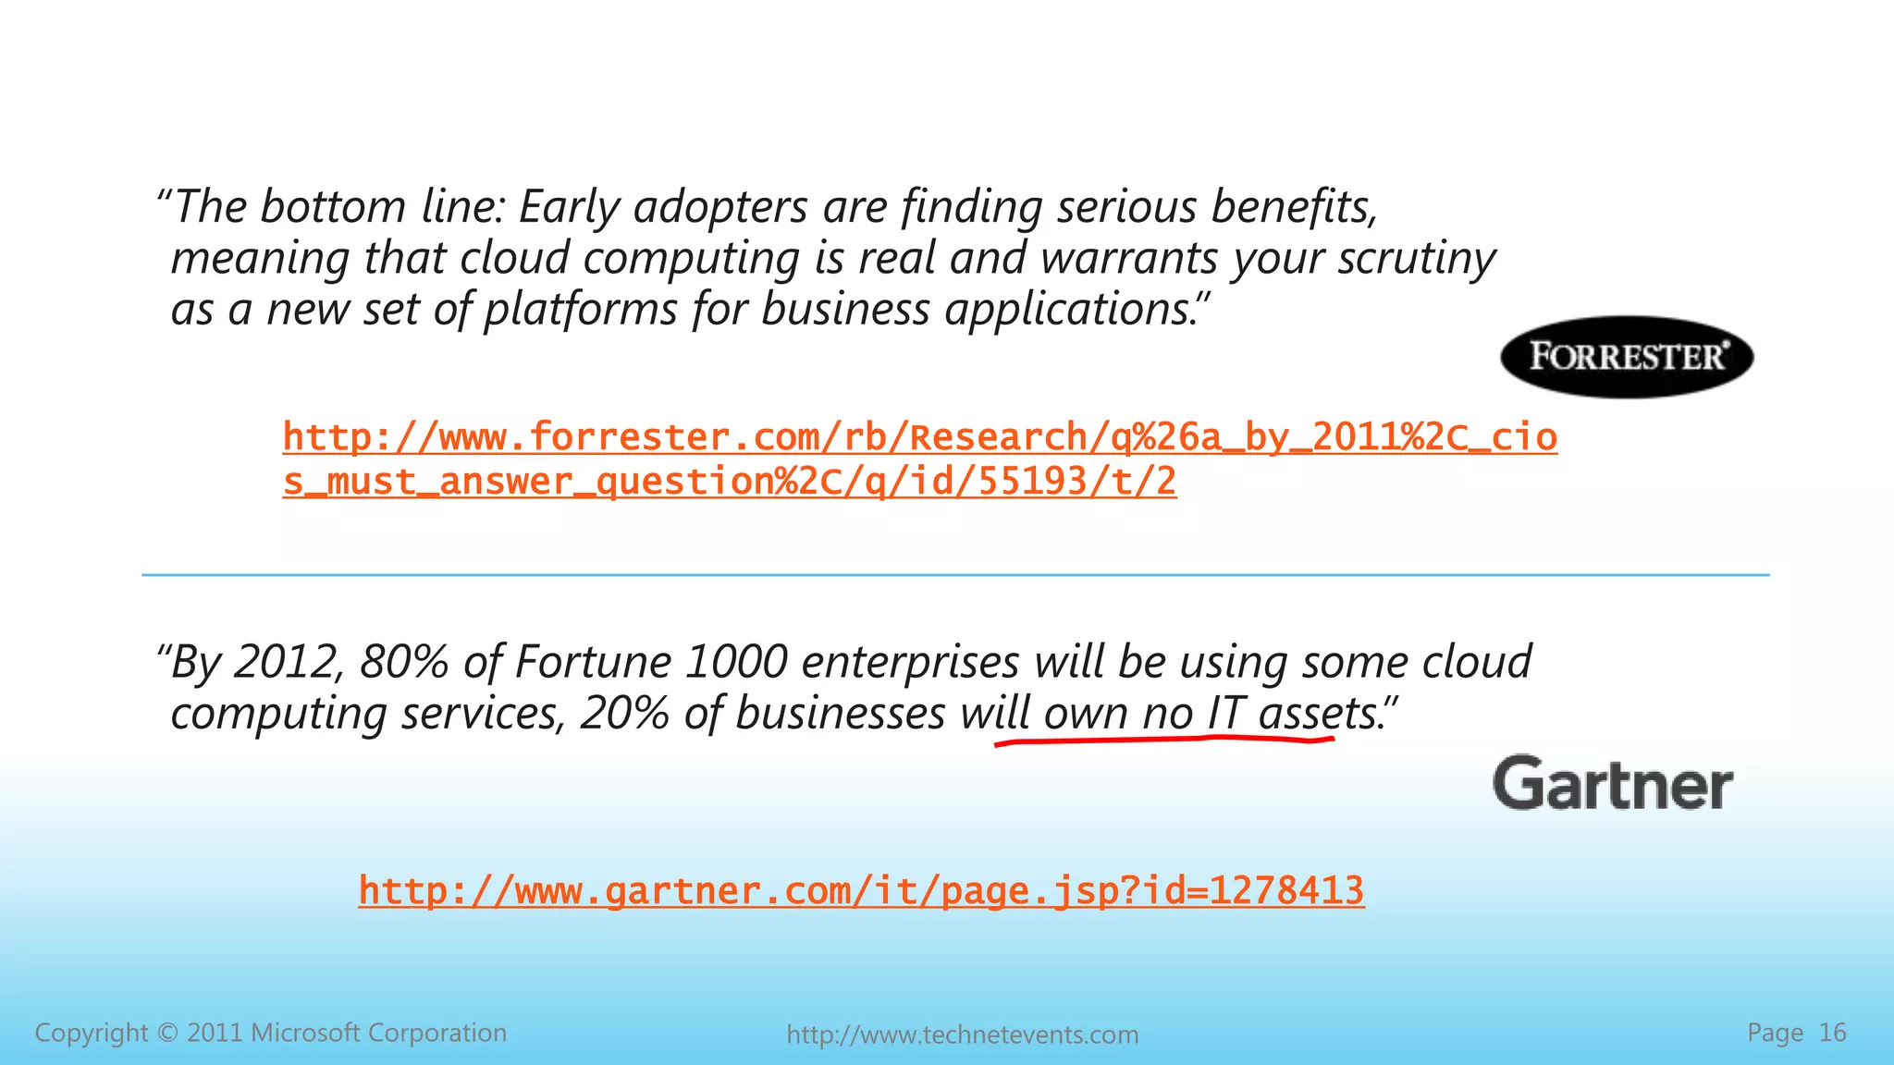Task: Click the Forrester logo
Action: (1626, 357)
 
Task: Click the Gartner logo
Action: (1612, 784)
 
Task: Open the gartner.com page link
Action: (861, 891)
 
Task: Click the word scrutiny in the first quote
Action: (1416, 259)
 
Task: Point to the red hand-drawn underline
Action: (1163, 740)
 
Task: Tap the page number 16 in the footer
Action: (1832, 1033)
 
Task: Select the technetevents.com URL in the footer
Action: (962, 1034)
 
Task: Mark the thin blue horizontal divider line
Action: (954, 575)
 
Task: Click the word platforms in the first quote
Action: (581, 310)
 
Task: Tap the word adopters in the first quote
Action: (720, 207)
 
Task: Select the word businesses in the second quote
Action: (840, 714)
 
